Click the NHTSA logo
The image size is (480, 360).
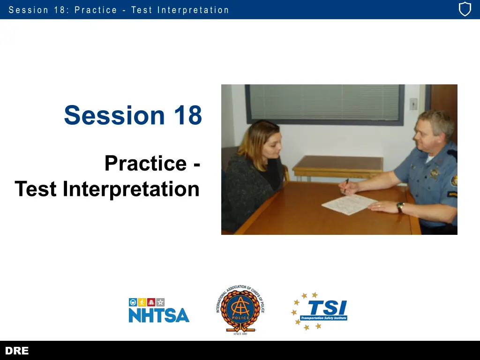159,310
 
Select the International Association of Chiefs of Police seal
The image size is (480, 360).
240,310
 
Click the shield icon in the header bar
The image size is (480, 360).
465,9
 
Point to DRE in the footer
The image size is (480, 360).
17,351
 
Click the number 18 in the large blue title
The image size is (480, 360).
188,115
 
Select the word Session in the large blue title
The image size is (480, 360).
114,115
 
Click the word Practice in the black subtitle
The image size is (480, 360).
146,163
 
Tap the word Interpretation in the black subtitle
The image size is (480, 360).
131,189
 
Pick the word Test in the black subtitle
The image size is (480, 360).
36,188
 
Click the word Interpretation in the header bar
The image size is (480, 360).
193,10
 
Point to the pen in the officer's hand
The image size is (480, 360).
346,185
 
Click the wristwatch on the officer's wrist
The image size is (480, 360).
400,207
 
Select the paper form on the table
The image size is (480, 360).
349,204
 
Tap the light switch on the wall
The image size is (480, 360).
413,104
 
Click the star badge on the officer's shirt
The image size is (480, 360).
434,173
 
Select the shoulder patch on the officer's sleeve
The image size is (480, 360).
454,180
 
